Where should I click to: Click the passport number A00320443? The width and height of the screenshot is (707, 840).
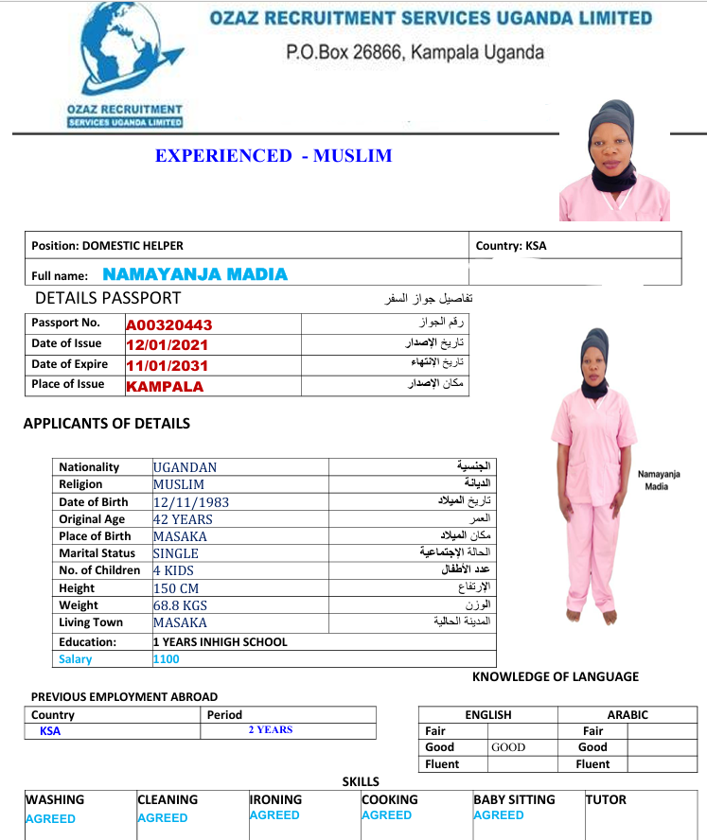pyautogui.click(x=168, y=324)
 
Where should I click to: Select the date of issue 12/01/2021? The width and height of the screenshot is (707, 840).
pyautogui.click(x=167, y=345)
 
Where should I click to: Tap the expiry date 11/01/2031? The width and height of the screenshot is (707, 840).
pyautogui.click(x=167, y=365)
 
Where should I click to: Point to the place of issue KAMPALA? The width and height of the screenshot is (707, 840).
pyautogui.click(x=165, y=386)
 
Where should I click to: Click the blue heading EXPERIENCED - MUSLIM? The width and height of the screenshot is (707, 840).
pyautogui.click(x=274, y=156)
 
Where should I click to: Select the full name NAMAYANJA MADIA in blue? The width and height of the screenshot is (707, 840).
pyautogui.click(x=195, y=274)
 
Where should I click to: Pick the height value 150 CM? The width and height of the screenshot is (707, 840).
pyautogui.click(x=176, y=588)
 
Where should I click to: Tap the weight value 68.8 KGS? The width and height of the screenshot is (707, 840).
pyautogui.click(x=180, y=605)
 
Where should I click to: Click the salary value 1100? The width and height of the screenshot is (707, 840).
pyautogui.click(x=167, y=659)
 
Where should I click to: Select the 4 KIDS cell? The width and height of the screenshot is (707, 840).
pyautogui.click(x=174, y=570)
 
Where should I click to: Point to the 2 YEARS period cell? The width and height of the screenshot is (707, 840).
pyautogui.click(x=271, y=730)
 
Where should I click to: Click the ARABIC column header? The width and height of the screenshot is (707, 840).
pyautogui.click(x=627, y=715)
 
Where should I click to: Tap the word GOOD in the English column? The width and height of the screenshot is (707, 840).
pyautogui.click(x=508, y=747)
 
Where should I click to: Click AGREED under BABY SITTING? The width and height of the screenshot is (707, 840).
pyautogui.click(x=500, y=815)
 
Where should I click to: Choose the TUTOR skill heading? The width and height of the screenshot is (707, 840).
pyautogui.click(x=606, y=800)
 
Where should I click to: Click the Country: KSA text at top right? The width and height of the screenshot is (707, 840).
pyautogui.click(x=511, y=246)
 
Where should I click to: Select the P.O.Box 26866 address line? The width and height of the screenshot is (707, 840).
pyautogui.click(x=415, y=52)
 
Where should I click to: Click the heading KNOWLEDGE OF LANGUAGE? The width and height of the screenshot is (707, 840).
pyautogui.click(x=556, y=676)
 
